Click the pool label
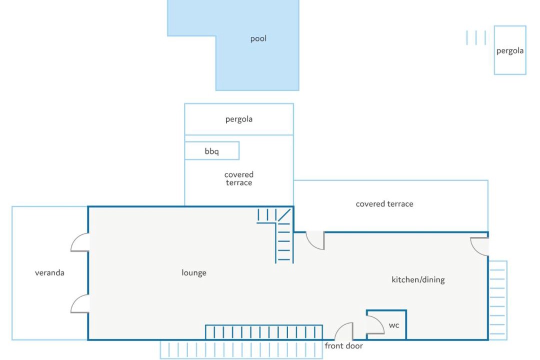[258, 38]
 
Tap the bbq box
[212, 151]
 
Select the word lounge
[194, 273]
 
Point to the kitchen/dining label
[418, 279]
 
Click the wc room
[386, 324]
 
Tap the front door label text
[343, 346]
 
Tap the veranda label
[49, 273]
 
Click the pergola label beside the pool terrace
[239, 119]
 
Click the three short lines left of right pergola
[476, 37]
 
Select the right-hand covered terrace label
[384, 204]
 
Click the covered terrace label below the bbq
[239, 178]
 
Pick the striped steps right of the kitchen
[497, 300]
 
